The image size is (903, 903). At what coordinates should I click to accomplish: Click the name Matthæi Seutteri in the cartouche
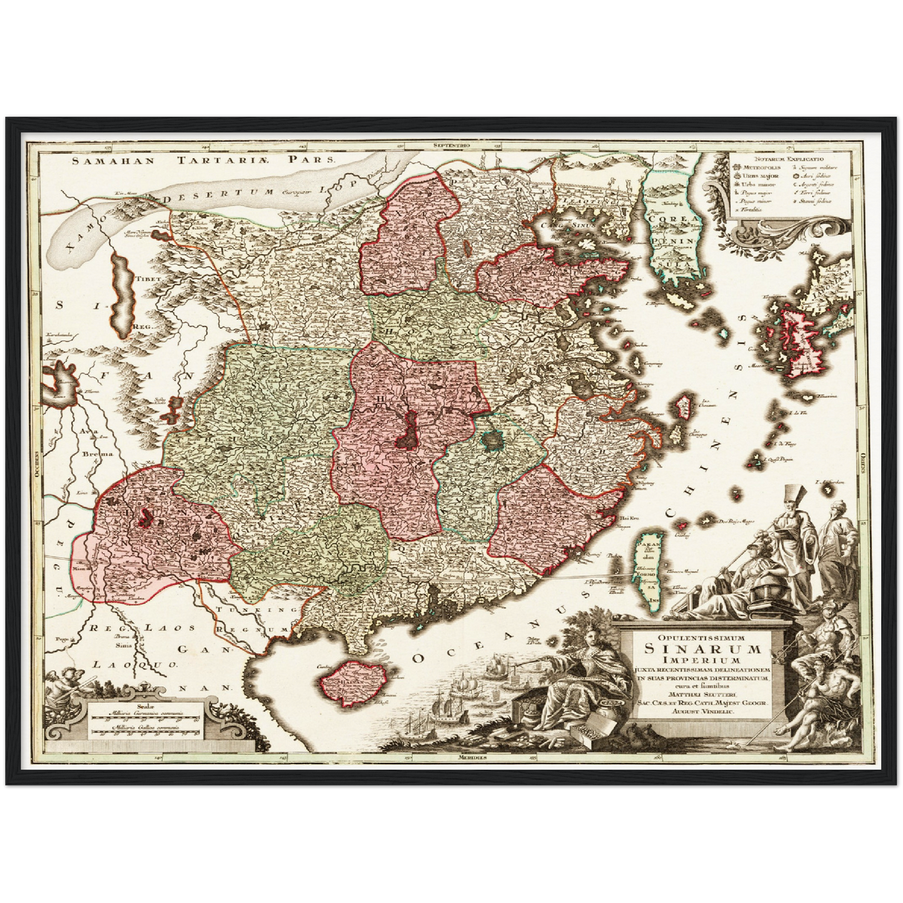click(x=701, y=693)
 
